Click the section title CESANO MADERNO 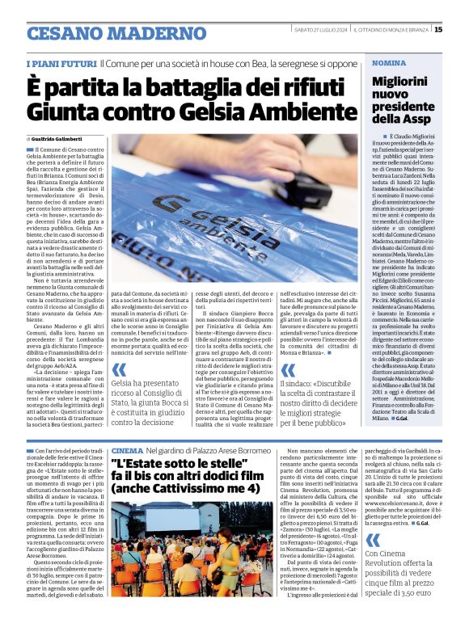[104, 34]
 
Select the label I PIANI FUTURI [61, 63]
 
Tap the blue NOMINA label [389, 62]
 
